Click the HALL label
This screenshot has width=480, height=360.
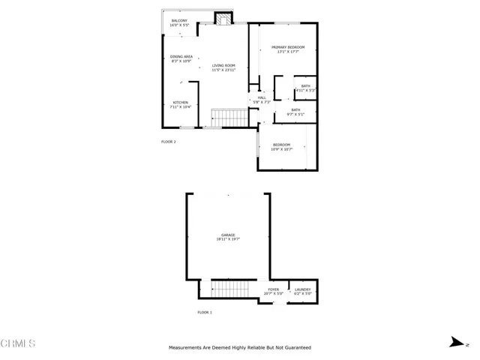click(262, 98)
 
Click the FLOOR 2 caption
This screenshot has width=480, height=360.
click(169, 141)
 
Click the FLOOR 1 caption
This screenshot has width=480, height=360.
click(205, 312)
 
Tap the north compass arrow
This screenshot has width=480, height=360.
click(454, 342)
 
